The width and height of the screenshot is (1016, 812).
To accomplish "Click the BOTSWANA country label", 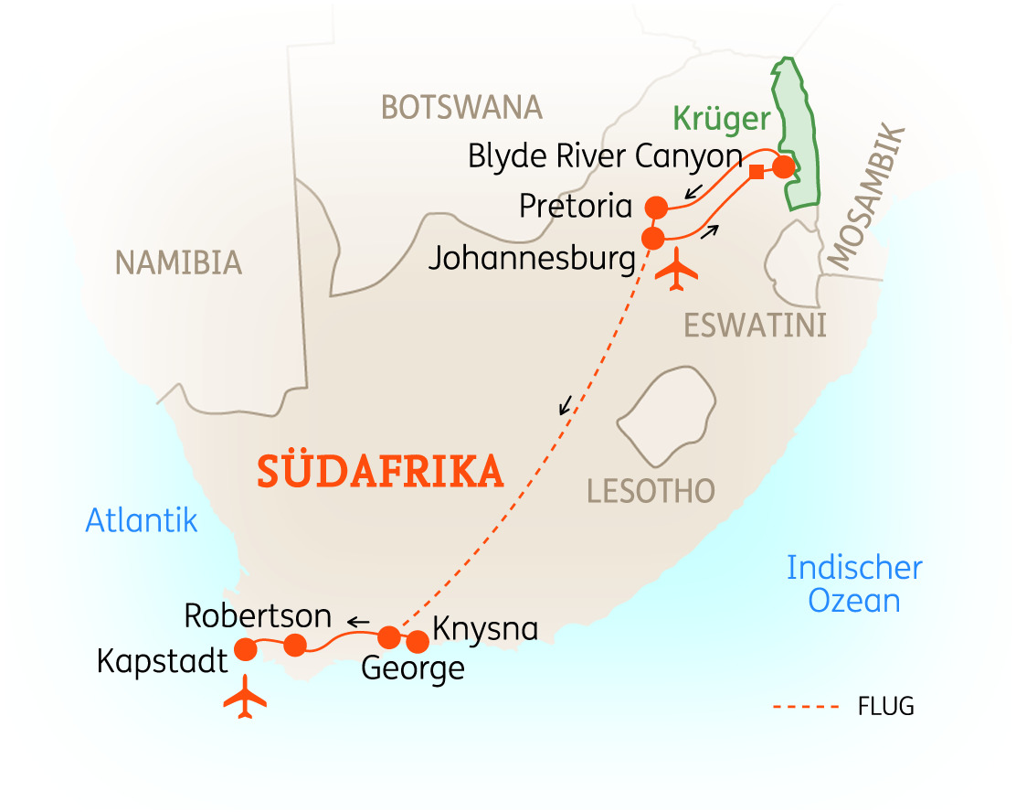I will [x=461, y=108].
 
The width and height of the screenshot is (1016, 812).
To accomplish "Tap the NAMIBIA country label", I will [x=178, y=263].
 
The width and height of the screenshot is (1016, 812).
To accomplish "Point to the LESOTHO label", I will [x=651, y=491].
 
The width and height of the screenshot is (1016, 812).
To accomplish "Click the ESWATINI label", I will [x=755, y=325].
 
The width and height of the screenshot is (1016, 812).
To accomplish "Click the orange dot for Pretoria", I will [x=655, y=207].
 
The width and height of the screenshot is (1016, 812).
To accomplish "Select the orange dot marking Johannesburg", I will [x=653, y=240].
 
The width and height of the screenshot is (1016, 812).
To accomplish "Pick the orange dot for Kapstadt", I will [x=246, y=649].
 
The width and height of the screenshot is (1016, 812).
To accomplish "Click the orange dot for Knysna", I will [x=418, y=641].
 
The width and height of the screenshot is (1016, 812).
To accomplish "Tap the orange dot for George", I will [x=389, y=636].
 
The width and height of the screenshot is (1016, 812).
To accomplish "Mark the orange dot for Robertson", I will [x=294, y=646].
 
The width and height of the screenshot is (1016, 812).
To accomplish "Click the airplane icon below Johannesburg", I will [x=676, y=271].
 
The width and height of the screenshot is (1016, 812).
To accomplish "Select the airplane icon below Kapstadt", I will [x=245, y=699].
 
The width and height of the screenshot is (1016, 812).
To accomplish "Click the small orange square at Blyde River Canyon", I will [x=756, y=172].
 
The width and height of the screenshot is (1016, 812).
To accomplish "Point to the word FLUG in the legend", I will [x=885, y=707].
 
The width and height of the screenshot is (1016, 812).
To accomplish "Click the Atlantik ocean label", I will [x=142, y=520].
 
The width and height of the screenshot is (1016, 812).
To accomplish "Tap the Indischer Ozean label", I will [x=854, y=584].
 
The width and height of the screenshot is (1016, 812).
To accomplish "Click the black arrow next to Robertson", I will [x=357, y=622].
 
